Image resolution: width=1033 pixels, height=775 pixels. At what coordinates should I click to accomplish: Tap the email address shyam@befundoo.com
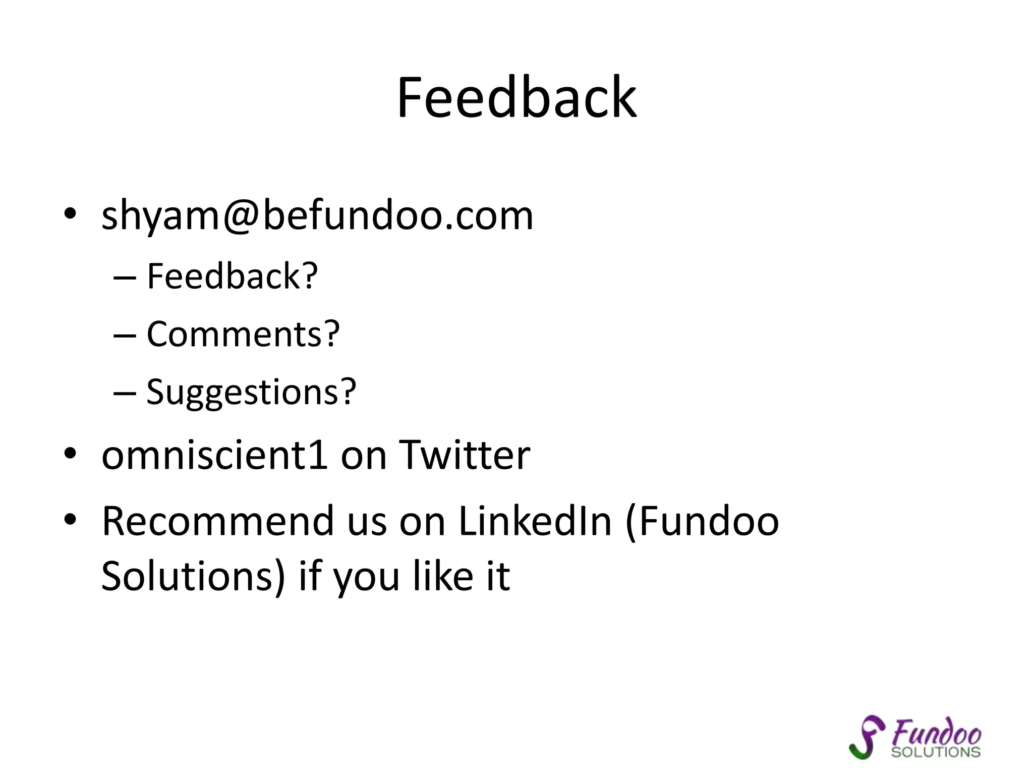click(317, 215)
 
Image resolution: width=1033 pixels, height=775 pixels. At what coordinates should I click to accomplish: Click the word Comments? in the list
click(243, 334)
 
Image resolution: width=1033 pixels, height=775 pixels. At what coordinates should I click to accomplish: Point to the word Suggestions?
click(251, 392)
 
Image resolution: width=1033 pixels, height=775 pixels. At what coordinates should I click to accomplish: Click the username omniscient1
click(215, 455)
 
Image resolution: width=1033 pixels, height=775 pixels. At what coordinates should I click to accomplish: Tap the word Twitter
click(464, 455)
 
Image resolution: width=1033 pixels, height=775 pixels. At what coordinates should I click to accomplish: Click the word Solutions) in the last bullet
click(193, 576)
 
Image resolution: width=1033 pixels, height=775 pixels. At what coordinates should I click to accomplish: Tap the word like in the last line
click(443, 576)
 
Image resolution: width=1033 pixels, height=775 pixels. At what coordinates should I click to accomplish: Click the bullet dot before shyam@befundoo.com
click(70, 214)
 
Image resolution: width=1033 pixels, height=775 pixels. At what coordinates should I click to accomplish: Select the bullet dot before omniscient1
click(70, 453)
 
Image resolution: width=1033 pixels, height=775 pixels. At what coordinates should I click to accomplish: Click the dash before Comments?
click(125, 335)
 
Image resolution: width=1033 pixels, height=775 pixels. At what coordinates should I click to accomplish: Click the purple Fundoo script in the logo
click(936, 732)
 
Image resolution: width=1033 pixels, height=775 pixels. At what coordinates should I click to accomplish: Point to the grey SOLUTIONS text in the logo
click(936, 752)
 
